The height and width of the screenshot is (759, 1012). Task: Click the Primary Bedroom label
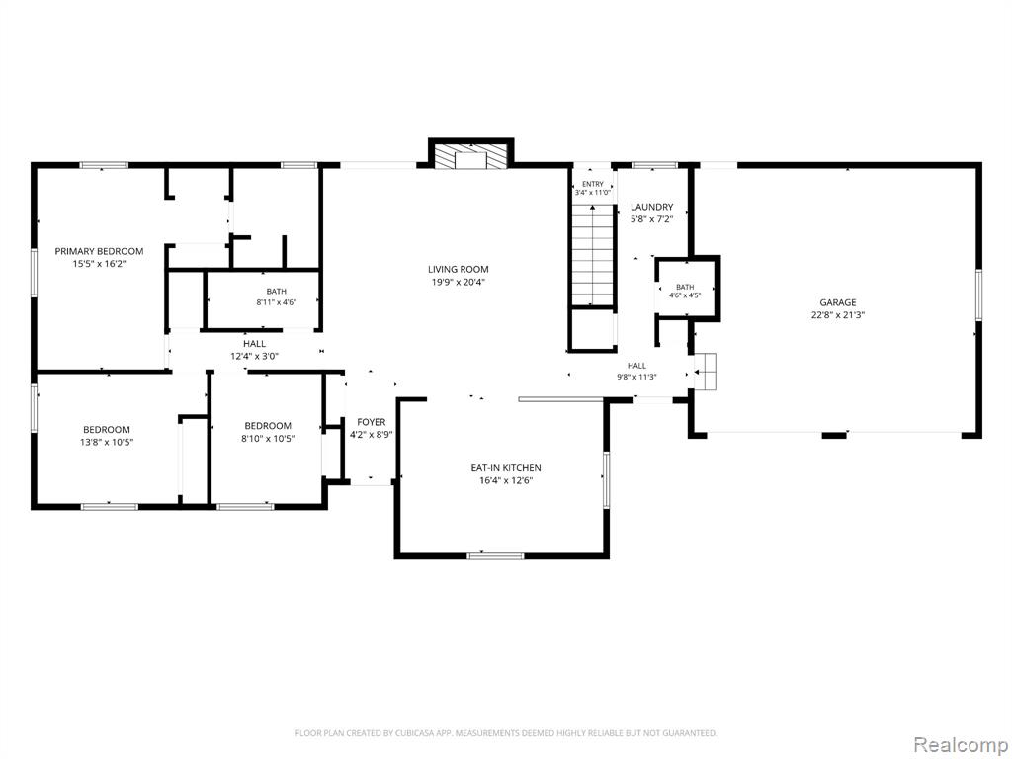click(x=99, y=251)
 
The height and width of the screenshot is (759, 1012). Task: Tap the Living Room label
click(x=459, y=269)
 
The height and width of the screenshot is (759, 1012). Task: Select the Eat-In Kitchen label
click(x=506, y=467)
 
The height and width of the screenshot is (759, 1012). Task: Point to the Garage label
click(x=838, y=302)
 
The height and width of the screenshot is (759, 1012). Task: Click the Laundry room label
click(x=652, y=207)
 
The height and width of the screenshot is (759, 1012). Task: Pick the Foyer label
click(x=372, y=422)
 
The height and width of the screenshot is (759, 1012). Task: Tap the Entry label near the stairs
click(x=593, y=184)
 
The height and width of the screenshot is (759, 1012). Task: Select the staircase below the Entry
click(x=593, y=255)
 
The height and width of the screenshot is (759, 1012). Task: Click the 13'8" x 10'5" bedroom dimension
click(x=108, y=442)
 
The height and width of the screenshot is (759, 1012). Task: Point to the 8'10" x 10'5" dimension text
click(x=268, y=439)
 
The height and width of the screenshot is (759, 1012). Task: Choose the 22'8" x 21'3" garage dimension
click(x=838, y=315)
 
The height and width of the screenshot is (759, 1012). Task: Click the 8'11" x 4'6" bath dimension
click(x=277, y=301)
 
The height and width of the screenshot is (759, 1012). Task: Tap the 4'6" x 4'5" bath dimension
click(x=685, y=295)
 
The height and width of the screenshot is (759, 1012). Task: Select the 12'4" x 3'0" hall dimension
click(x=254, y=356)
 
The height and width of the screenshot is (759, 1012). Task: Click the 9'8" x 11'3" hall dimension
click(x=636, y=377)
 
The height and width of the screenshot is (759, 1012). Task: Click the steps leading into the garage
click(x=706, y=372)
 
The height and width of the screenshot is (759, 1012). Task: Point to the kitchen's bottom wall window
click(x=496, y=555)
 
